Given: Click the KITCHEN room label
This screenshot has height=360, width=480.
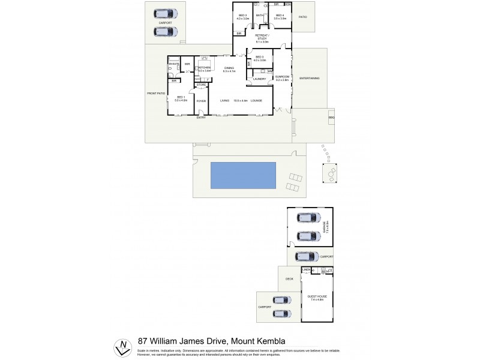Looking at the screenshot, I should tap(205, 68).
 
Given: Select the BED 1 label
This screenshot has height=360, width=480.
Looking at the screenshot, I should tap(181, 98).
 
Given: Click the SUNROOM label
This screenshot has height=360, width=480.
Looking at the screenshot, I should tap(282, 77).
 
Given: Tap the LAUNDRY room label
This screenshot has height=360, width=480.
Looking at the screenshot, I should tap(259, 79).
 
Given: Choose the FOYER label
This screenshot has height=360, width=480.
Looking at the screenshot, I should tap(202, 101).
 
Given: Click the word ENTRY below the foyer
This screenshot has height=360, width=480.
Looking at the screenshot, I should tap(200, 117).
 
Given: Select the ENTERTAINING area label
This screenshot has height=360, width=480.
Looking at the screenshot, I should tap(309, 79).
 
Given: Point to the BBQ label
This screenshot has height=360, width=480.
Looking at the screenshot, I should tap(331, 118).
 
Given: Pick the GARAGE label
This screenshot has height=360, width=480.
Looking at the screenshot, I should tap(326, 226).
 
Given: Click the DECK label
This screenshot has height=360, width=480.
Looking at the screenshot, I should tap(289, 279).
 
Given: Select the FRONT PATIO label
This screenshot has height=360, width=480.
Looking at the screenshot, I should tap(155, 94).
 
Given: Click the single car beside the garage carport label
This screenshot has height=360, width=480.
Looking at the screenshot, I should tap(307, 256).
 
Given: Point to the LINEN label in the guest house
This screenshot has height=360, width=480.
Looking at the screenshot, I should tap(307, 270).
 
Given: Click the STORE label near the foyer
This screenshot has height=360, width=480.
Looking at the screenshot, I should tap(202, 85).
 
